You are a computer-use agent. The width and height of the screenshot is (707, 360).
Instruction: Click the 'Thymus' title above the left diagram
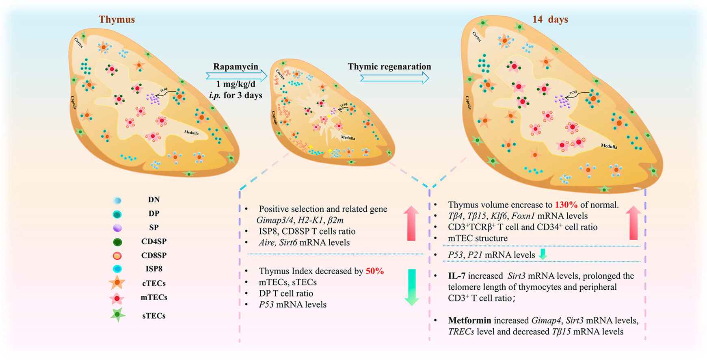(117, 20)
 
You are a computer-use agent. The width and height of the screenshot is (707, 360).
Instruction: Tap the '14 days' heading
(550, 20)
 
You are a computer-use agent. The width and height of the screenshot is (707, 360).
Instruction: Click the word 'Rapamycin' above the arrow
(236, 67)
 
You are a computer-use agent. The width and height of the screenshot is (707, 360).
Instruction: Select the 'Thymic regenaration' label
(389, 67)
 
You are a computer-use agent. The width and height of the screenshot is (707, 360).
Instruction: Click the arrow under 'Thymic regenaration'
(394, 78)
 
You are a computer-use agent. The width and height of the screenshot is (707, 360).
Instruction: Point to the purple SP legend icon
(117, 228)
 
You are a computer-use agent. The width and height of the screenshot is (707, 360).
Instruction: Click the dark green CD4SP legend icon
(117, 242)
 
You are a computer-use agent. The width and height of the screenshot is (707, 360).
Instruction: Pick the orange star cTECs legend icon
(117, 283)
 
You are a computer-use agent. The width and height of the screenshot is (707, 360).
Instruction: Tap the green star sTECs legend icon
(118, 315)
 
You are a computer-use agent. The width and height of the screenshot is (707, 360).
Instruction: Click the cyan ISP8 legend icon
(117, 269)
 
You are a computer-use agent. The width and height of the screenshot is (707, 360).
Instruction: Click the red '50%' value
(374, 271)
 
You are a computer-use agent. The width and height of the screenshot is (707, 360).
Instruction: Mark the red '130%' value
(566, 205)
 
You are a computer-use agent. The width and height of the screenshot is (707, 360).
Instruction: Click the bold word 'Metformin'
(469, 320)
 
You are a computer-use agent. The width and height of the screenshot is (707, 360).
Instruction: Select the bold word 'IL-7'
(456, 276)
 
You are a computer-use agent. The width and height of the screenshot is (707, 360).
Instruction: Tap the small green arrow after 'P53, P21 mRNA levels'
(543, 255)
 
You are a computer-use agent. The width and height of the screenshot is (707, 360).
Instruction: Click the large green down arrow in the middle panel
(411, 287)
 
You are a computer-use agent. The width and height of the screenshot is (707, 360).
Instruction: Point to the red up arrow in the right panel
(633, 222)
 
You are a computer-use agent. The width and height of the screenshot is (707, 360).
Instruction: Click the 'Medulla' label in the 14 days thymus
(609, 146)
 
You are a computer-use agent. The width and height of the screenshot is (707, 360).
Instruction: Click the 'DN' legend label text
(154, 200)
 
